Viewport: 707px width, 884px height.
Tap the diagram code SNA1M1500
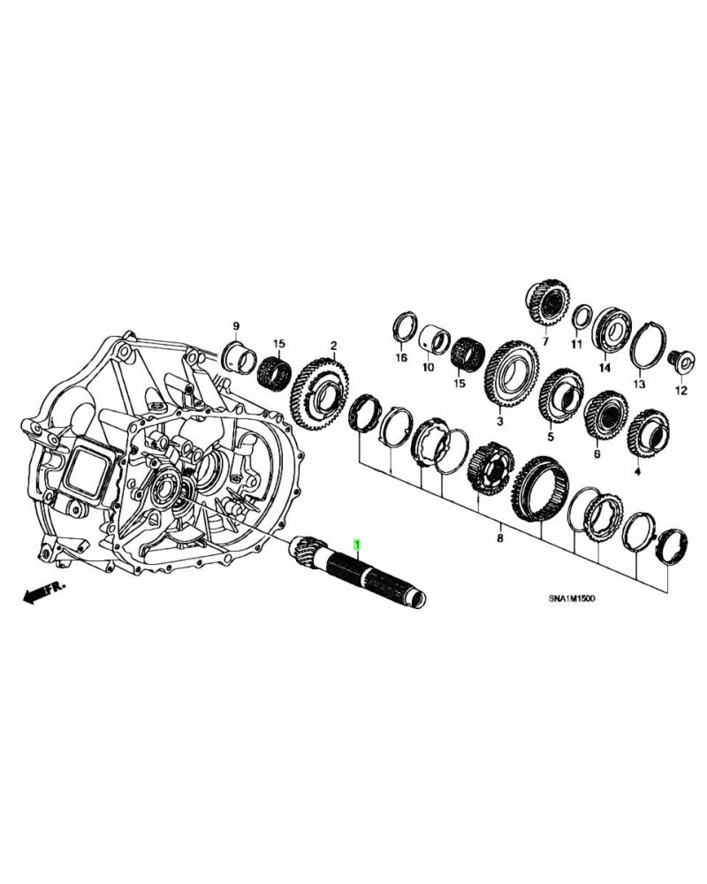point(571,598)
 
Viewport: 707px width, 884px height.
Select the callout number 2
point(333,345)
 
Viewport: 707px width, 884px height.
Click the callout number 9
point(236,327)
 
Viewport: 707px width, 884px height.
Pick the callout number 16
point(401,359)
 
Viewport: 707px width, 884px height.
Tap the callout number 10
point(427,367)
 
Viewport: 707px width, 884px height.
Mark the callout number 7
point(545,341)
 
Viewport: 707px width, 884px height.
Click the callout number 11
point(576,344)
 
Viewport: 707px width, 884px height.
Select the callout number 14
point(605,368)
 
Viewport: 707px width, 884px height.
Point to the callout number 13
point(639,385)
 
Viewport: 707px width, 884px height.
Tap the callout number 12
point(680,390)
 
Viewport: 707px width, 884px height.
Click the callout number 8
point(499,537)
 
